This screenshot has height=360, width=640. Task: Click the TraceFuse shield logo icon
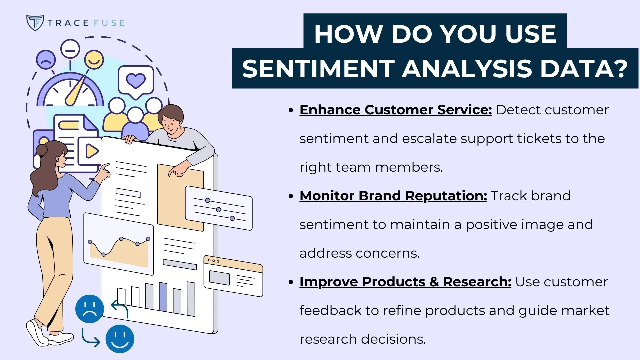[35, 23]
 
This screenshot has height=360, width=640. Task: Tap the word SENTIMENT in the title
[318, 69]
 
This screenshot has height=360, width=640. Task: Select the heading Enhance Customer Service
[395, 110]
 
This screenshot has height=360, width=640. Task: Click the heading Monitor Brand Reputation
[393, 196]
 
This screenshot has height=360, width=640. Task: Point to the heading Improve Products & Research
[405, 282]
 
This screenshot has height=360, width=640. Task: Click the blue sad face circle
[89, 309]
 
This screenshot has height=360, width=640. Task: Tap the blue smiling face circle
[120, 339]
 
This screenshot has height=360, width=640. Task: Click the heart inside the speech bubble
[136, 80]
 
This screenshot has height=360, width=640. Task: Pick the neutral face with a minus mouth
[70, 49]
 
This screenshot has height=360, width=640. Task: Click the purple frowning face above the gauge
[46, 60]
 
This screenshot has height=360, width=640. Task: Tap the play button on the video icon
[91, 151]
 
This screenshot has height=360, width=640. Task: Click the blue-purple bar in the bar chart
[163, 297]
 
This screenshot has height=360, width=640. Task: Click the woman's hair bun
[42, 150]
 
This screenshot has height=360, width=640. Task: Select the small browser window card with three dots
[233, 276]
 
